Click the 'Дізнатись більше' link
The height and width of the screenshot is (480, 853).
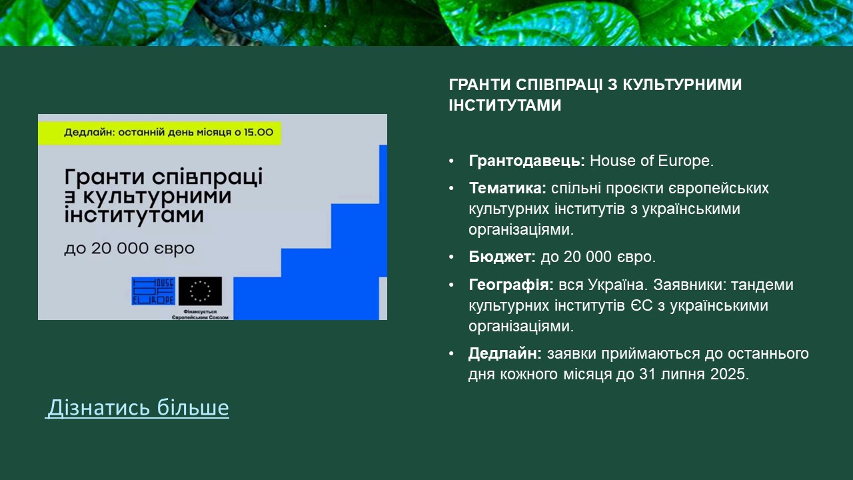pyautogui.click(x=138, y=407)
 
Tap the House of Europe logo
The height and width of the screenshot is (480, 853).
pyautogui.click(x=153, y=291)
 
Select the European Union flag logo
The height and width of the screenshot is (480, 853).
pyautogui.click(x=200, y=291)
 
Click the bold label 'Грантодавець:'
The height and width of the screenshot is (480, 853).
pyautogui.click(x=526, y=161)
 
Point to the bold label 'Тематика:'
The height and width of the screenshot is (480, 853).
pyautogui.click(x=508, y=188)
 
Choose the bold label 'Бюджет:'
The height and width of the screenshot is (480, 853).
pyautogui.click(x=502, y=257)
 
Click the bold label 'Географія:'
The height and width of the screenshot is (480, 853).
pyautogui.click(x=511, y=285)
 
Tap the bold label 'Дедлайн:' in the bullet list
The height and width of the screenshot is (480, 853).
pyautogui.click(x=505, y=353)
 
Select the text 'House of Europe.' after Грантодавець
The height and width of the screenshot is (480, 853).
pyautogui.click(x=652, y=161)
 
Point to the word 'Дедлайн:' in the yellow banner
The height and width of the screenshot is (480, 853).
pyautogui.click(x=89, y=133)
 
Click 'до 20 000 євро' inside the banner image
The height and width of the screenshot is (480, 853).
pyautogui.click(x=129, y=249)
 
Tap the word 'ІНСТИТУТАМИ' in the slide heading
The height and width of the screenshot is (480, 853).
pyautogui.click(x=505, y=105)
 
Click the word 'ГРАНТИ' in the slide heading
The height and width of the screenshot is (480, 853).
pyautogui.click(x=480, y=85)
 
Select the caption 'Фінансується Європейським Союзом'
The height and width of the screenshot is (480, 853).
pyautogui.click(x=200, y=314)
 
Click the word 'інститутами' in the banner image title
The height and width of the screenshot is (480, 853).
pyautogui.click(x=134, y=215)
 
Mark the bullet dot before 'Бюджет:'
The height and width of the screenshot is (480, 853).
pyautogui.click(x=452, y=257)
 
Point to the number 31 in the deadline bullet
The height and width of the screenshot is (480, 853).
pyautogui.click(x=647, y=374)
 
